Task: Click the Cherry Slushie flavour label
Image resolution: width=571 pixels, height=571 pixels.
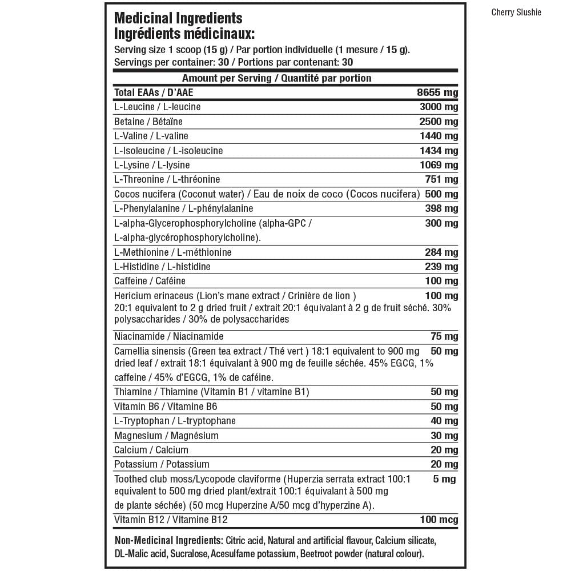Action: pos(516,13)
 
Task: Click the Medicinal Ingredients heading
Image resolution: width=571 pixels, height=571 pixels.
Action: pos(178,19)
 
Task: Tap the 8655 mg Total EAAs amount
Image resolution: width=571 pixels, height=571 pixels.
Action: pos(437,93)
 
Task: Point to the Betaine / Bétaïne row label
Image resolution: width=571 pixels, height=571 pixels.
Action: pos(148,122)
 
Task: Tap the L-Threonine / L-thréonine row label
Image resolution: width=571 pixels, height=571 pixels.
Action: pos(167,179)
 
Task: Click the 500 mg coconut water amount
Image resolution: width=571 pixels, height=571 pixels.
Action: pos(441,194)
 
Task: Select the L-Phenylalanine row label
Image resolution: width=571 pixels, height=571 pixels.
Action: pos(183,208)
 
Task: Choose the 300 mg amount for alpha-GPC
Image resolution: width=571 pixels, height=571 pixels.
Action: pos(441,223)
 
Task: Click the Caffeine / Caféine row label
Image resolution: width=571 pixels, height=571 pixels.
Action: pos(150,281)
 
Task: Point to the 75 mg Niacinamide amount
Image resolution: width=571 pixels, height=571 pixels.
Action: pos(444,336)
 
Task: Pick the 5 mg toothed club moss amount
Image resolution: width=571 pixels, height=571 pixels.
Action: pos(444,479)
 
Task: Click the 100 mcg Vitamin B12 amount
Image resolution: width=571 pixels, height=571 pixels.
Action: pos(439,520)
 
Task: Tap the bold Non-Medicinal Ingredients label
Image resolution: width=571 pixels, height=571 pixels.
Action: pos(168,540)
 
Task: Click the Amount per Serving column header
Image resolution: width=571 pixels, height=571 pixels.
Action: pos(276,78)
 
